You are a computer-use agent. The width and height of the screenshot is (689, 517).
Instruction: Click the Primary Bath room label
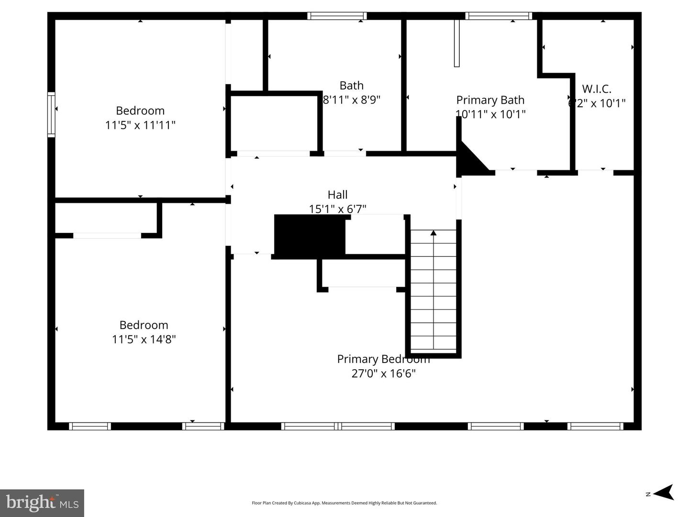click(x=490, y=100)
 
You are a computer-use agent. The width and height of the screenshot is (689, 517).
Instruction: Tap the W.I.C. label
click(x=596, y=89)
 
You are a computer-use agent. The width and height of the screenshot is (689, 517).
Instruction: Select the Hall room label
click(x=337, y=195)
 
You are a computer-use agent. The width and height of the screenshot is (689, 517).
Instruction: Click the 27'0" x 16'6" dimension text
click(x=383, y=374)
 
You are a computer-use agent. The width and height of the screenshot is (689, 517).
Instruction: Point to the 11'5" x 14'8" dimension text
click(x=144, y=340)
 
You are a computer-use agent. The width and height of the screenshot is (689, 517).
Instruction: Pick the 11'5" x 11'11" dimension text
click(x=140, y=125)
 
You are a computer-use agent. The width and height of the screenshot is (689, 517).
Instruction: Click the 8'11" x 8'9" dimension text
click(x=352, y=100)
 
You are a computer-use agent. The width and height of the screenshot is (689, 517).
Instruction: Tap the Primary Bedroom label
click(x=383, y=359)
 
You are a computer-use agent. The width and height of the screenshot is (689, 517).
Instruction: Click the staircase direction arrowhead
click(x=433, y=233)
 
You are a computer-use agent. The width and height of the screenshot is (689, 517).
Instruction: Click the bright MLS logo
click(x=42, y=503)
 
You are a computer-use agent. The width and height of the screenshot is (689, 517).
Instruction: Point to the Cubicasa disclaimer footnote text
click(x=344, y=503)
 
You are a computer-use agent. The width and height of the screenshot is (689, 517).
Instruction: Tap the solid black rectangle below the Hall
click(x=310, y=234)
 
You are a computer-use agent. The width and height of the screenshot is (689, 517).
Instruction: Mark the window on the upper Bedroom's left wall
click(x=51, y=115)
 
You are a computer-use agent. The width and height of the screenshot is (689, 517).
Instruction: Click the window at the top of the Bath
click(x=337, y=16)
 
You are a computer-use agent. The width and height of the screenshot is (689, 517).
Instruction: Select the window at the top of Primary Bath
click(x=499, y=16)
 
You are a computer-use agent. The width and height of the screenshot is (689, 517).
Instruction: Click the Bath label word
click(x=351, y=86)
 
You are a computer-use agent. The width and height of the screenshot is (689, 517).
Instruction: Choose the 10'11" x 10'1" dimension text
click(x=490, y=114)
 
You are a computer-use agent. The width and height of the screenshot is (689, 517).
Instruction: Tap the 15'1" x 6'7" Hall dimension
click(x=337, y=209)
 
